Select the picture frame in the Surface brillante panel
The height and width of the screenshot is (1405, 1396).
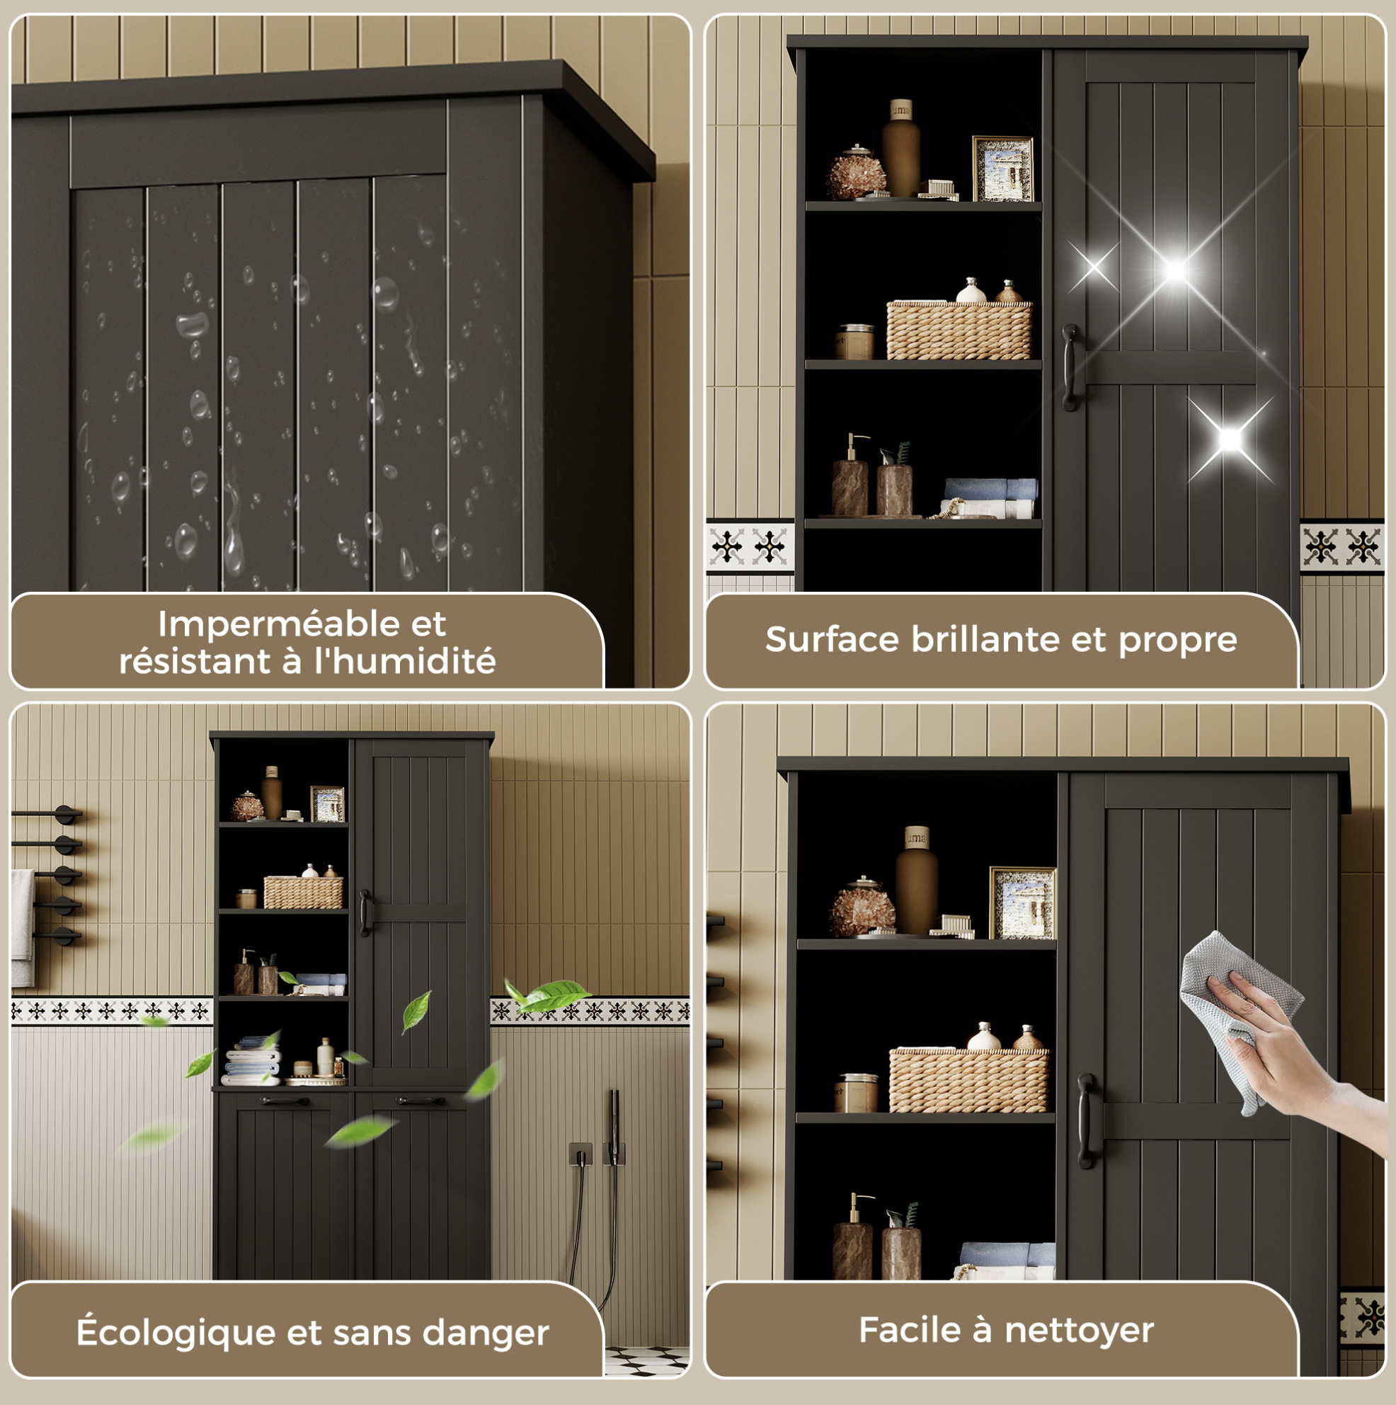(x=1002, y=168)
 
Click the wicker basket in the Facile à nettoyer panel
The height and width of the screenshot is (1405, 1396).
(x=968, y=1079)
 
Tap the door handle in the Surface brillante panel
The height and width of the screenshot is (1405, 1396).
(x=1070, y=367)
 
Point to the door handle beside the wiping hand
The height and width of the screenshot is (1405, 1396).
(x=1085, y=1120)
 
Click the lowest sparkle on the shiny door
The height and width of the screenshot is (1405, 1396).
(x=1230, y=440)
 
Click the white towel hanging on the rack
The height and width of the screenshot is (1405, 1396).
(x=23, y=927)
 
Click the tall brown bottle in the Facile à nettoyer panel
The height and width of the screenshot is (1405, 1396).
(x=916, y=880)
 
